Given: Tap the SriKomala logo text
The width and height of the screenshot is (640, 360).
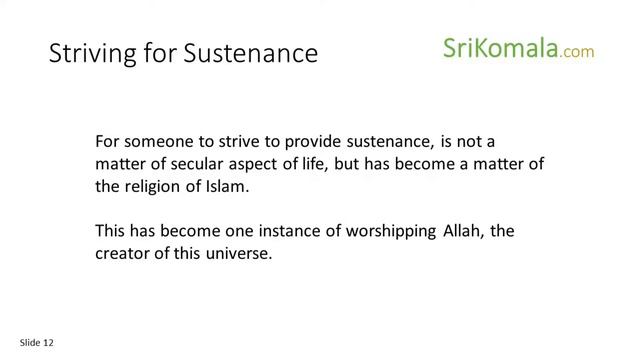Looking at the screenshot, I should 499,48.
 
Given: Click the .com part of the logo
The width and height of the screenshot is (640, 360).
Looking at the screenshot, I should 578,51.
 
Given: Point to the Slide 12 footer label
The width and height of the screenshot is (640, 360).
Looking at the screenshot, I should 36,343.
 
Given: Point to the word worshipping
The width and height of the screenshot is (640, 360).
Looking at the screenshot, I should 383,231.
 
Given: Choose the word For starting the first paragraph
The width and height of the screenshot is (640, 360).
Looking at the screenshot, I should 107,142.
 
